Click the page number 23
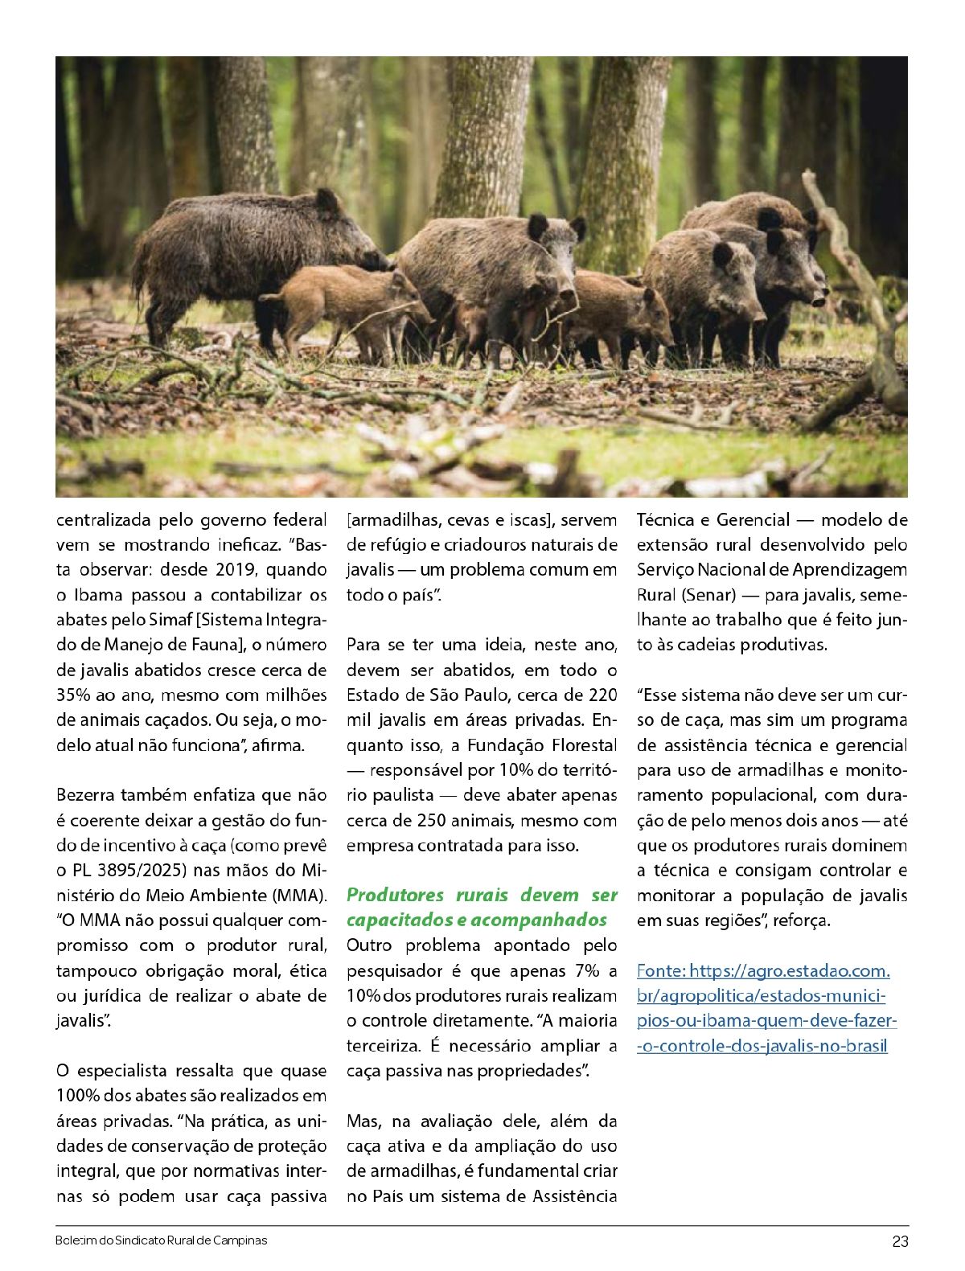click(899, 1241)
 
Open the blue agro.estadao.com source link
click(764, 1008)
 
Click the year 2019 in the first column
click(233, 570)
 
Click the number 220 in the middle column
click(602, 695)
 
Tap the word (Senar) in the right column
click(708, 596)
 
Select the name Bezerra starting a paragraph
click(87, 795)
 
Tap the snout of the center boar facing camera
click(566, 290)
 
